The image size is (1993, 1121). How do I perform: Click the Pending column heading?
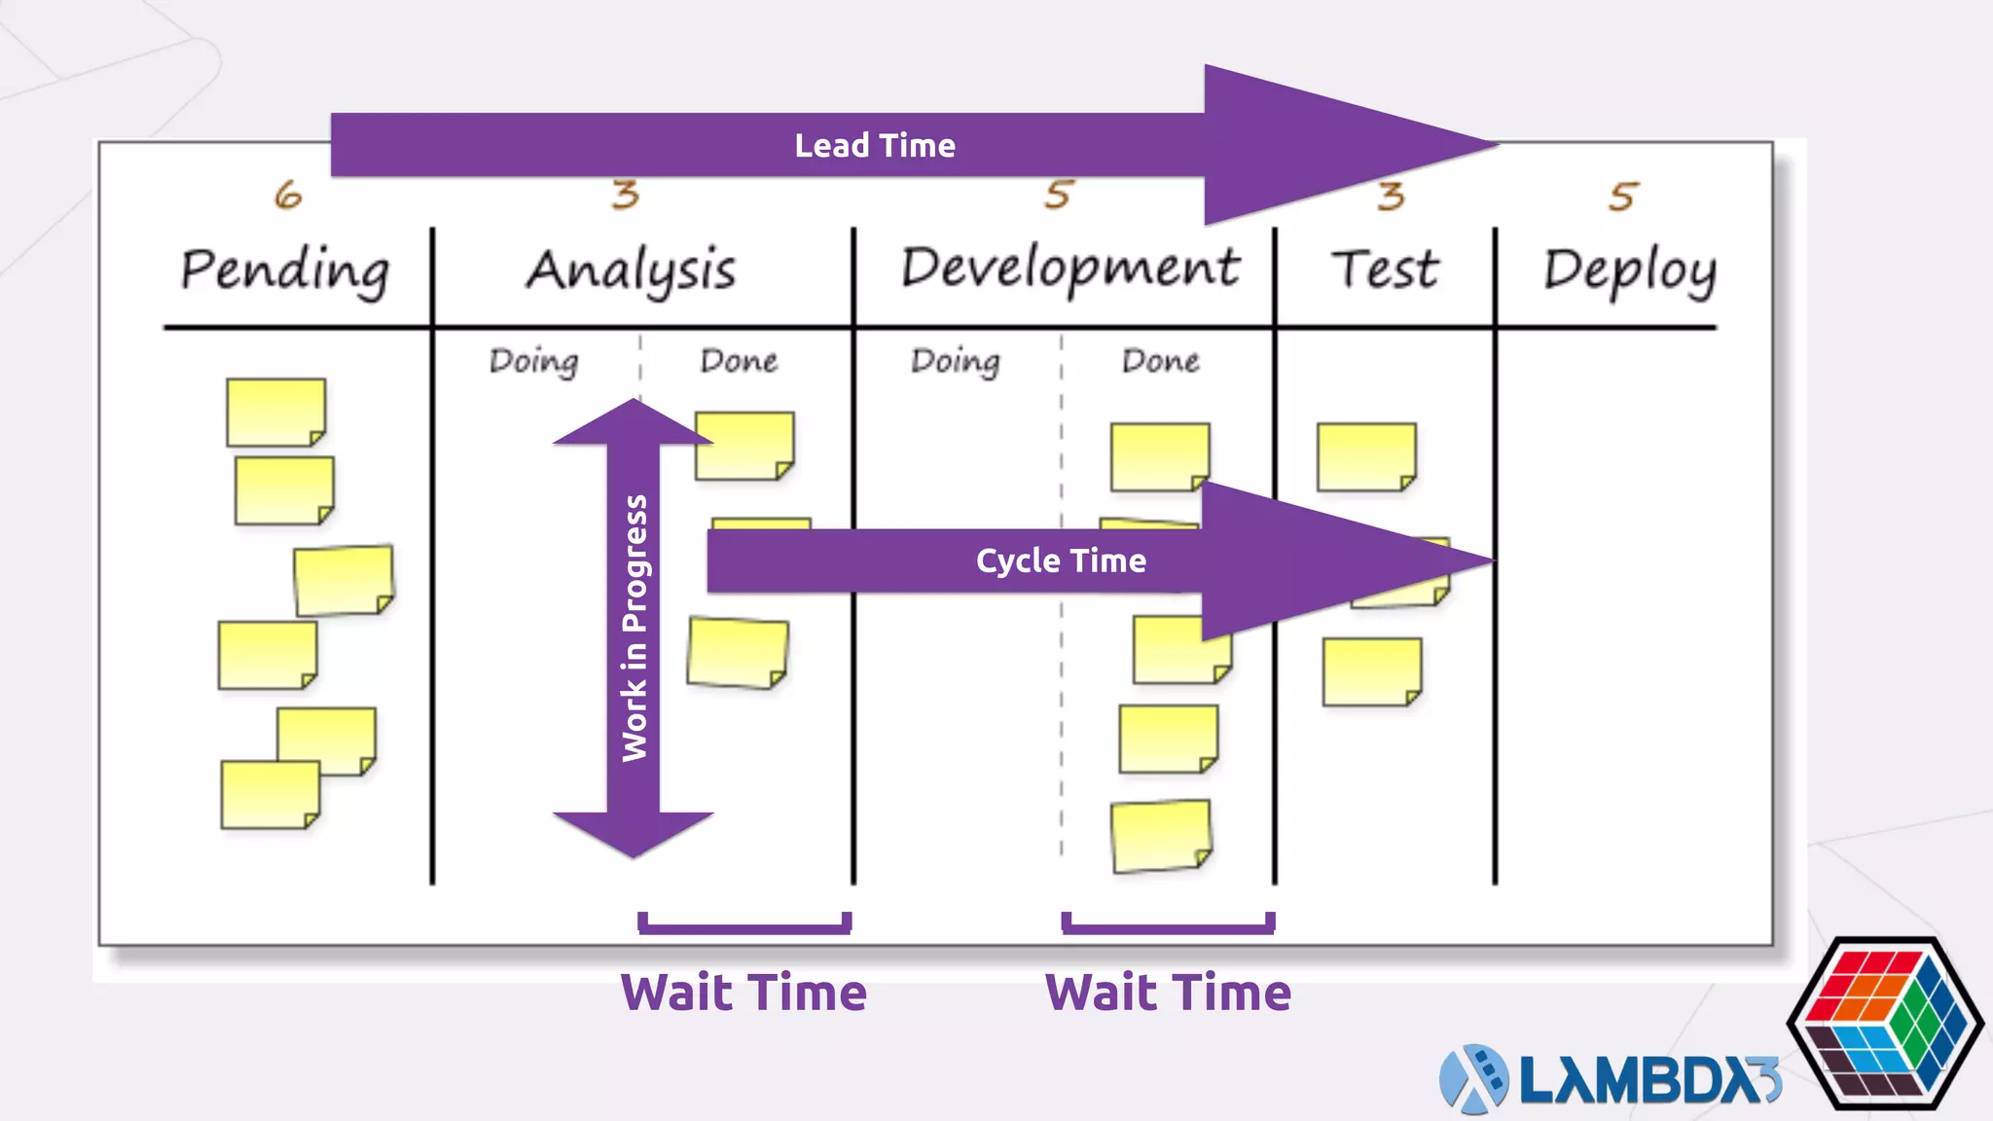pyautogui.click(x=285, y=270)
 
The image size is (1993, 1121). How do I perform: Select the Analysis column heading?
pyautogui.click(x=631, y=271)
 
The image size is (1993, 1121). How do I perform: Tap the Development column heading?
pyautogui.click(x=1069, y=268)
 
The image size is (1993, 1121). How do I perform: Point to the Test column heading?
pyautogui.click(x=1385, y=270)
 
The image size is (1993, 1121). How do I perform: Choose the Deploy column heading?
pyautogui.click(x=1630, y=271)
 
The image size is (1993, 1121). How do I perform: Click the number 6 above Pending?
pyautogui.click(x=288, y=196)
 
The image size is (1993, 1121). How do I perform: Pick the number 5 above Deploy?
pyautogui.click(x=1623, y=198)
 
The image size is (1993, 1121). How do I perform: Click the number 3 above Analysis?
pyautogui.click(x=626, y=196)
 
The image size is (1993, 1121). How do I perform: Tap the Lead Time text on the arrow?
pyautogui.click(x=875, y=146)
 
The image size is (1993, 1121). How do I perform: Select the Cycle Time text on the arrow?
pyautogui.click(x=1061, y=561)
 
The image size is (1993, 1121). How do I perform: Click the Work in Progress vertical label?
pyautogui.click(x=634, y=628)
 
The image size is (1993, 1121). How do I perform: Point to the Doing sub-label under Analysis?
pyautogui.click(x=533, y=361)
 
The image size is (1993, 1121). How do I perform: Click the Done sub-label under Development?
pyautogui.click(x=1160, y=361)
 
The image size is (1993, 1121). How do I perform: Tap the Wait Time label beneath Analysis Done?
pyautogui.click(x=743, y=993)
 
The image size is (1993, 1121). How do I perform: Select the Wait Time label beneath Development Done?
pyautogui.click(x=1168, y=993)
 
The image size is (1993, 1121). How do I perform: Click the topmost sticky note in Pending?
pyautogui.click(x=275, y=413)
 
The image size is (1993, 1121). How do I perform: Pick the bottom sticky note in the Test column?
pyautogui.click(x=1371, y=671)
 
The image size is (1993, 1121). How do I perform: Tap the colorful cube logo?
pyautogui.click(x=1884, y=1023)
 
